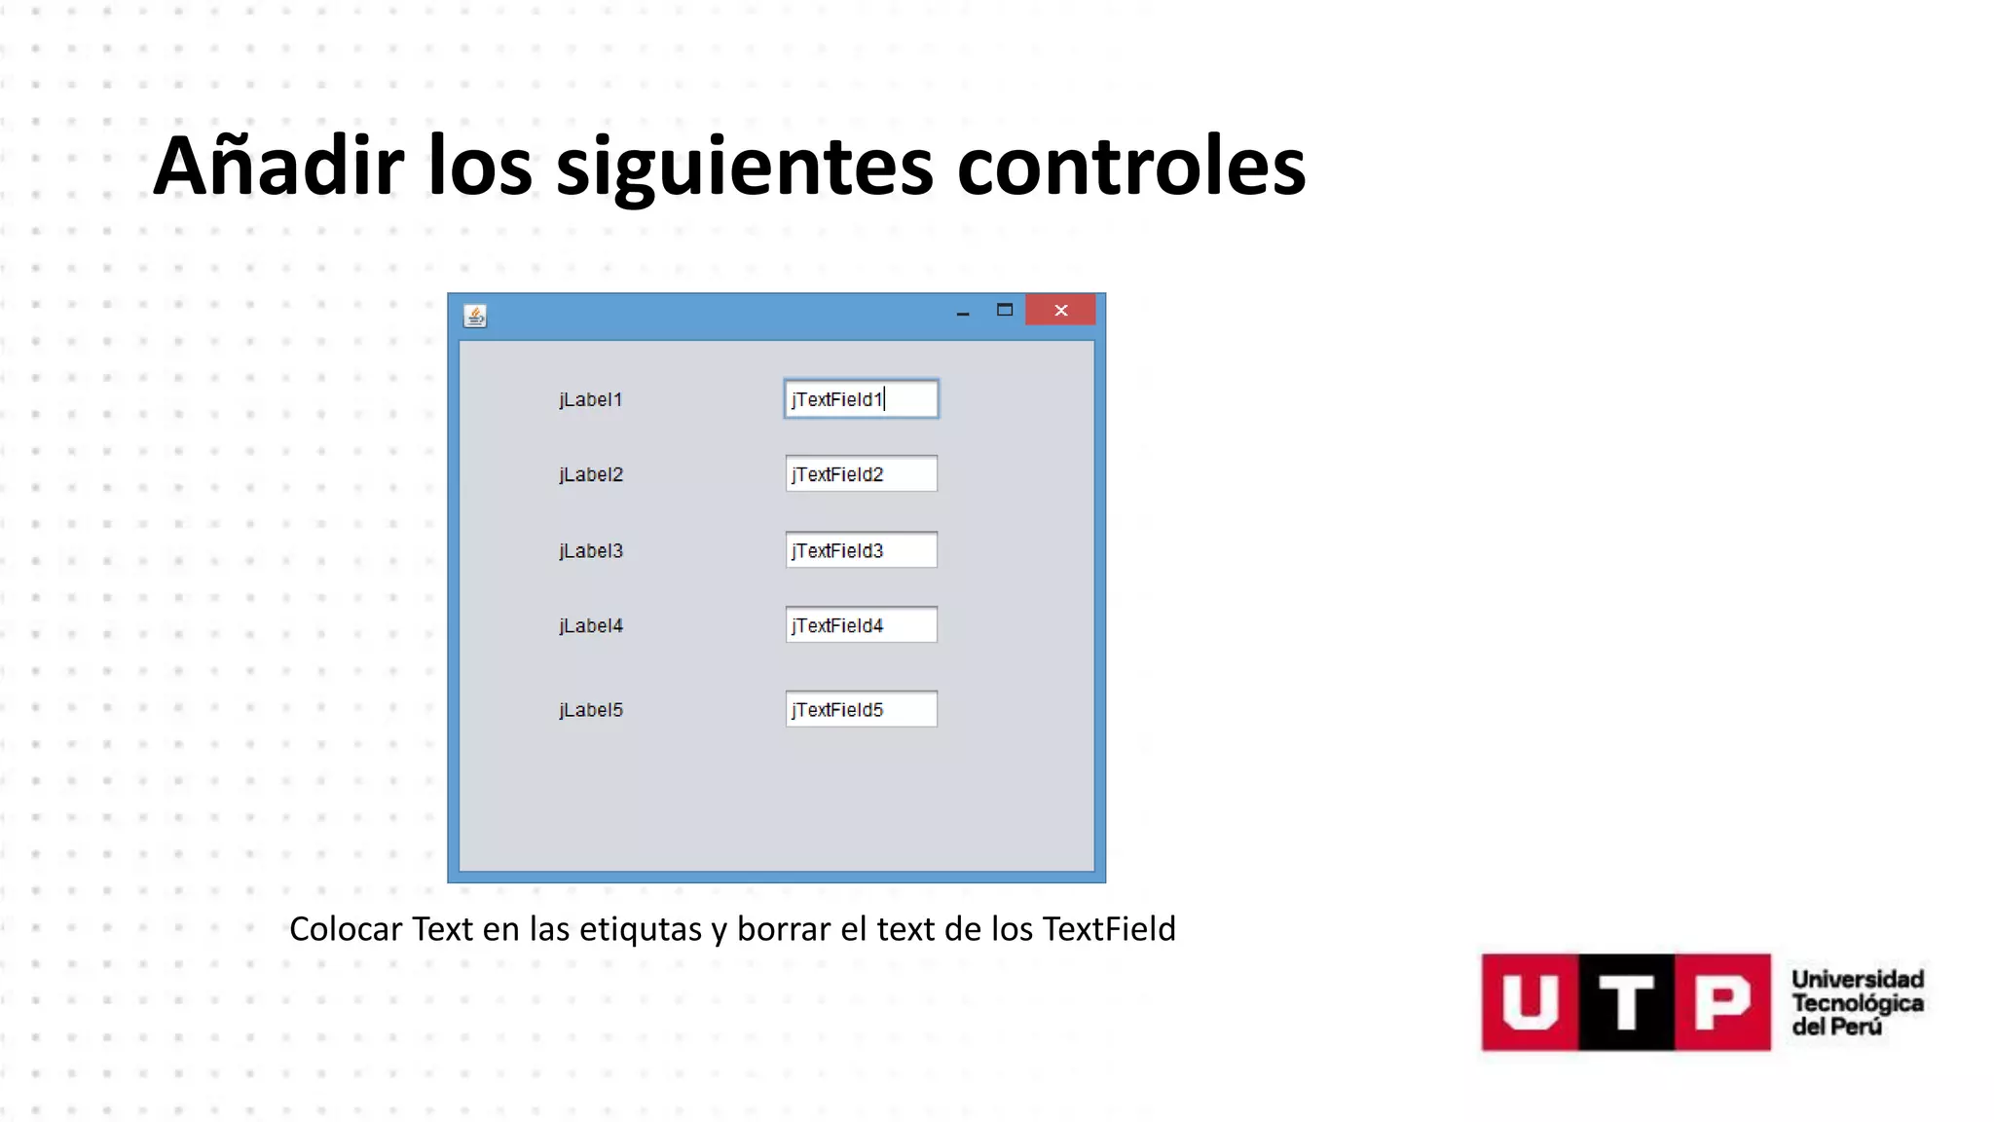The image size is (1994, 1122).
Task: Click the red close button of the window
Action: point(1060,311)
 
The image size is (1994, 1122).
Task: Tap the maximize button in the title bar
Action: point(1005,311)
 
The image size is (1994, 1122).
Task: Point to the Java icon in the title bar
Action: point(475,316)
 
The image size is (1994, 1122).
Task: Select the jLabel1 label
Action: point(590,399)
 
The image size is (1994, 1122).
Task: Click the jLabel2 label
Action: point(591,474)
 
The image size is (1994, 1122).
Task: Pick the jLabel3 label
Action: point(591,550)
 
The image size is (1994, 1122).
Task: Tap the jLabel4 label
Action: point(591,625)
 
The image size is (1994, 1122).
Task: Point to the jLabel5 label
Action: point(591,710)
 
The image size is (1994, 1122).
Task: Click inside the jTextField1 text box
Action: point(861,399)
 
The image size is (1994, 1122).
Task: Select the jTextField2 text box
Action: point(861,474)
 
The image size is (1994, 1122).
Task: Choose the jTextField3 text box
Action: point(861,550)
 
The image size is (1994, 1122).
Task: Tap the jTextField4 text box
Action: point(861,625)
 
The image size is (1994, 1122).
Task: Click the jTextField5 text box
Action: point(861,710)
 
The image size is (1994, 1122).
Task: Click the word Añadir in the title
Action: point(278,166)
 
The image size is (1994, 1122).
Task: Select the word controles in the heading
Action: point(1130,166)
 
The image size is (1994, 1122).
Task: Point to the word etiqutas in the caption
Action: point(641,929)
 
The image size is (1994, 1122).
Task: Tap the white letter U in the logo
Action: point(1530,1002)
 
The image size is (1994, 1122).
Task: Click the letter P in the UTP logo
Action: point(1721,1002)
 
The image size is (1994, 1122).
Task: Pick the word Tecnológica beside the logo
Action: point(1857,1003)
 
